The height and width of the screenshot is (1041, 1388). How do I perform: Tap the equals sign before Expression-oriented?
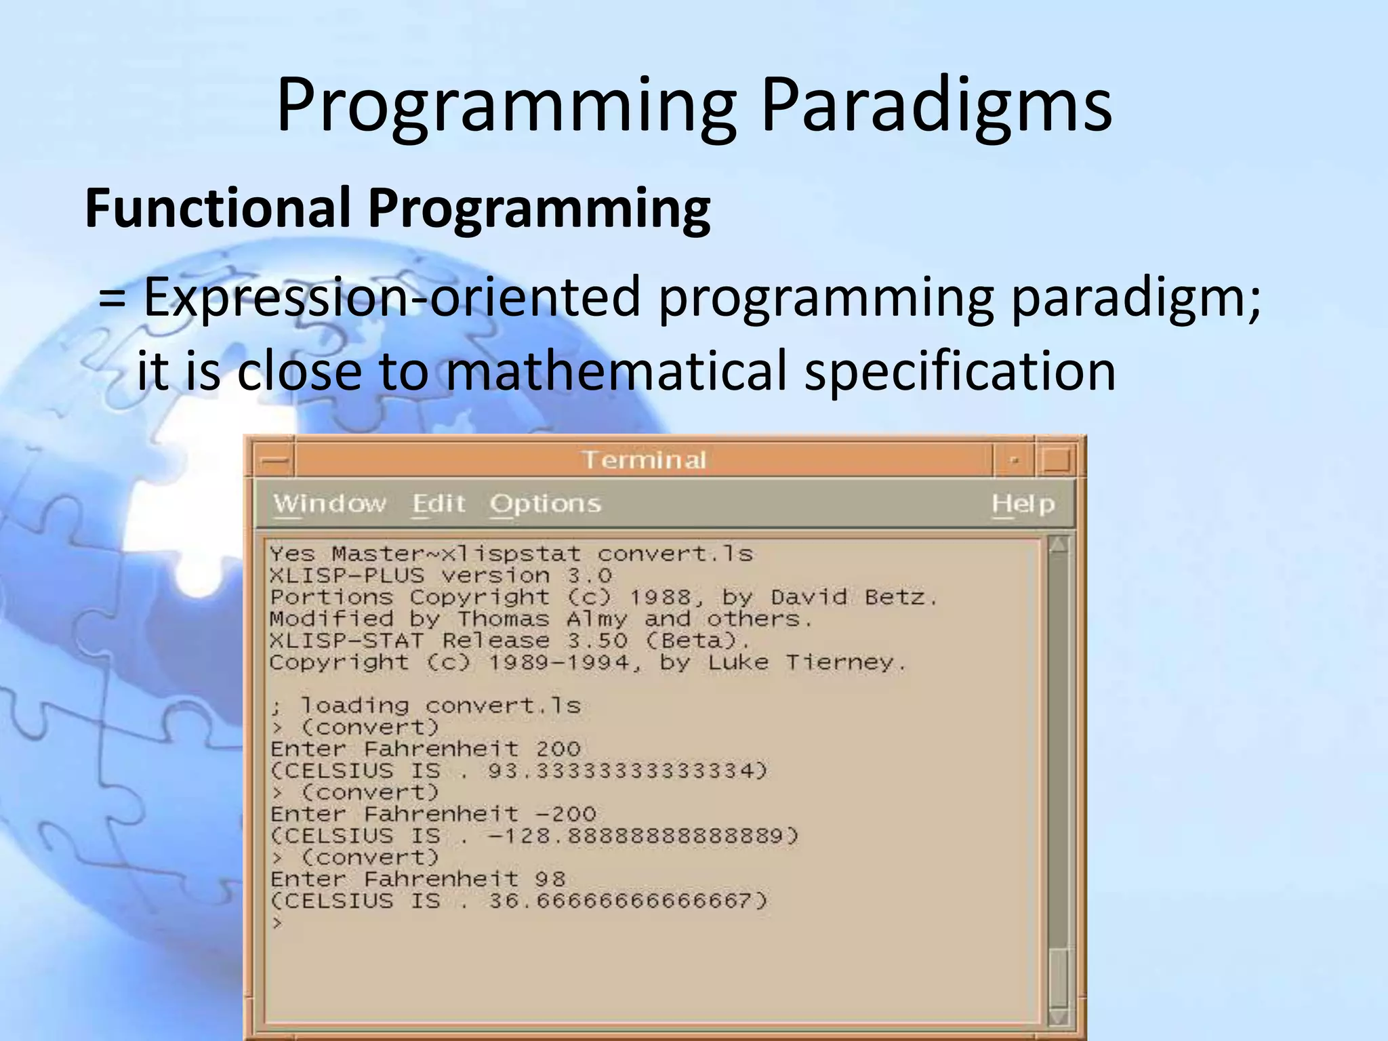[112, 298]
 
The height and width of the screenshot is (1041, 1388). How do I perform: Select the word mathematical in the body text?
[615, 371]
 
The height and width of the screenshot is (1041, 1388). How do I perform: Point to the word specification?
[959, 371]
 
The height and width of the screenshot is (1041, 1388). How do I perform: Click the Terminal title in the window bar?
[644, 460]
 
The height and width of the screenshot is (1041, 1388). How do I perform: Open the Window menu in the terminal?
[329, 504]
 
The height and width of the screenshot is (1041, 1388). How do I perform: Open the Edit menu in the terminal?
[438, 504]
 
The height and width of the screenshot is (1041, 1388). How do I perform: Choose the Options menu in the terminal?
[545, 504]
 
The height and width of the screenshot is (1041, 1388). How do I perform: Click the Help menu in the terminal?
[1023, 504]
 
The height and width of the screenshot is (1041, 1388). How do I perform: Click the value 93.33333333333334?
[627, 771]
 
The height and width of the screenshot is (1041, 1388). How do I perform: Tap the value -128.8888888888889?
[642, 836]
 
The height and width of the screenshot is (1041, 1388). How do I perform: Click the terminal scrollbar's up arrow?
[1058, 545]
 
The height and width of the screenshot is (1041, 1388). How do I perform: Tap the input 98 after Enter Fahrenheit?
[550, 879]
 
